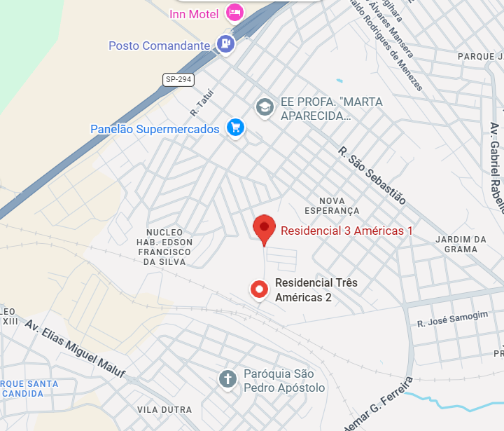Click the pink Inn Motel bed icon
pos(235,12)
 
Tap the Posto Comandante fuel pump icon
pos(225,44)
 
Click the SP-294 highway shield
pos(178,80)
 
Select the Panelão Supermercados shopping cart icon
pos(235,128)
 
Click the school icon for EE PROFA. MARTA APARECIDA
pos(264,107)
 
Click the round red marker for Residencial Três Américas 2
pos(260,289)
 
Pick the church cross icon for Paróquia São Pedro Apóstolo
pos(227,379)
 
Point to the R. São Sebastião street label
pos(372,175)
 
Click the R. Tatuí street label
pos(201,102)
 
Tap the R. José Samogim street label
pos(452,319)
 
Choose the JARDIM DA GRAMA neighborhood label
pos(461,244)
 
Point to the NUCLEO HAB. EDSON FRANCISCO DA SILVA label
pos(164,247)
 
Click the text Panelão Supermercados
pos(155,129)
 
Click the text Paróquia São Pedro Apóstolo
pos(284,381)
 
